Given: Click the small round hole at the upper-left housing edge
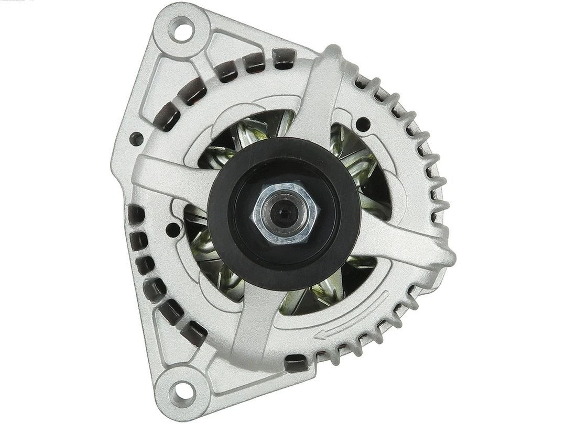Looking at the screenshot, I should (136, 139).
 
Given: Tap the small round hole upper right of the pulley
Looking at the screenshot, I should (362, 125).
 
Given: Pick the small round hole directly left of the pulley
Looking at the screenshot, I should (172, 229).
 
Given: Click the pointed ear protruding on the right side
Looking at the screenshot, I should (445, 257).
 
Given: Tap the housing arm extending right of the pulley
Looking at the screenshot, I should (404, 238).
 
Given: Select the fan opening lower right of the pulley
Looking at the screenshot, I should (325, 293).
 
